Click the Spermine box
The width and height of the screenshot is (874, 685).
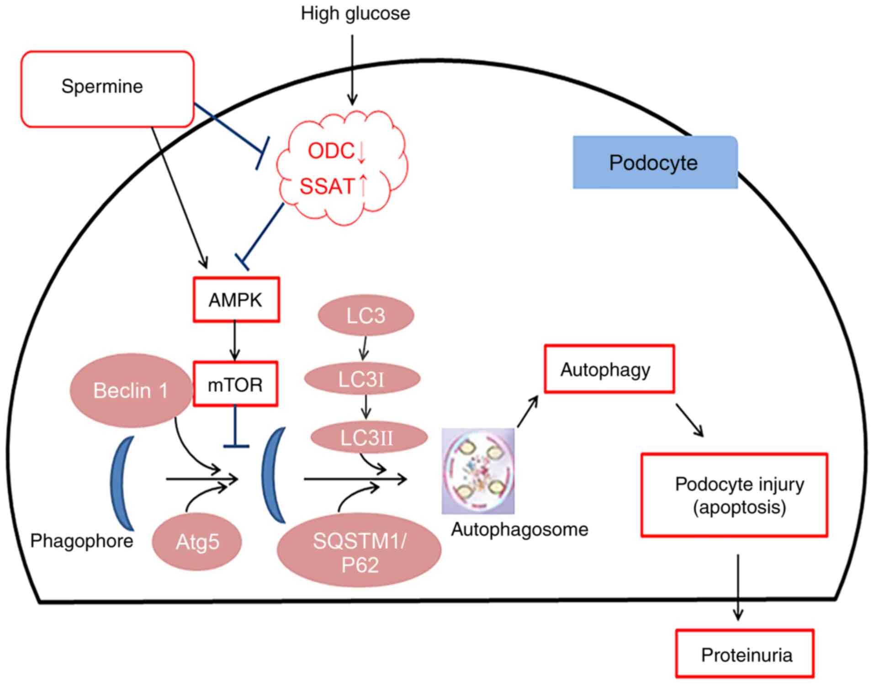pos(107,89)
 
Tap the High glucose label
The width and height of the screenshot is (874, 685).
pos(355,13)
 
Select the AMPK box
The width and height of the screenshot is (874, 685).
pos(236,300)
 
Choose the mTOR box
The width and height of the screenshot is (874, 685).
pos(235,384)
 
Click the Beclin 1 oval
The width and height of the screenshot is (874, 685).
pos(131,390)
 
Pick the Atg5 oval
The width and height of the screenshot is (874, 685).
pos(197,542)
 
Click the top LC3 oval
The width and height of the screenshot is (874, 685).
pos(365,315)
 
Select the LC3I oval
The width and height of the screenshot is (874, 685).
pos(362,379)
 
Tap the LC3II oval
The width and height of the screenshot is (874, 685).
pos(368,437)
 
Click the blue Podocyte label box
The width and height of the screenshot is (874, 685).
pos(655,163)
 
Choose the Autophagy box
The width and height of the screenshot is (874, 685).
pos(609,369)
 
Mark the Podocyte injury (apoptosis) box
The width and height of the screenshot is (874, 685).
pos(734,495)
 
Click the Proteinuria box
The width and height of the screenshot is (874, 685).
pos(745,653)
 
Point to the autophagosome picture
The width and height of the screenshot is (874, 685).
pos(478,471)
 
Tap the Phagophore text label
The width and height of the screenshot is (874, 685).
pos(81,541)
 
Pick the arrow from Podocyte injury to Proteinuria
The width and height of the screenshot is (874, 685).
pos(737,587)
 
